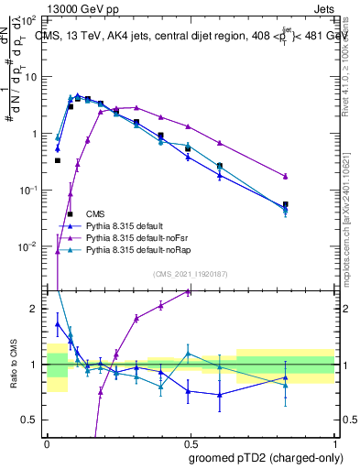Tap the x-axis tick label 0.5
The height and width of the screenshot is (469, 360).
(x=190, y=442)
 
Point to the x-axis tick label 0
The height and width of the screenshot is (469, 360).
(x=47, y=442)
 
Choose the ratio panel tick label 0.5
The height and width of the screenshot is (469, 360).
(x=31, y=420)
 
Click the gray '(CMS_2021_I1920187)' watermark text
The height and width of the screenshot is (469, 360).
(x=191, y=274)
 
